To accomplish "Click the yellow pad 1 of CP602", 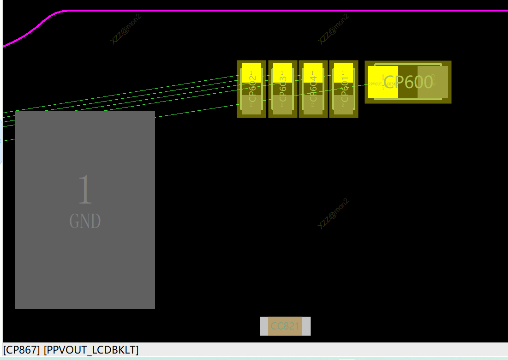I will coord(251,73).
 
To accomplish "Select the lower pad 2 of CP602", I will coord(251,105).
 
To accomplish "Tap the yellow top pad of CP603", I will coord(282,73).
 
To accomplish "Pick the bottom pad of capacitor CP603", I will coord(282,105).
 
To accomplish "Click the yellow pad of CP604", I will coord(313,73).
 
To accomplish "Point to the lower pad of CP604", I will coord(313,105).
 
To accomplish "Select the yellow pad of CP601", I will coord(343,73).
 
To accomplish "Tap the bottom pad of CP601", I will coord(343,105).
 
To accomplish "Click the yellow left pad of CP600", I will coord(382,82).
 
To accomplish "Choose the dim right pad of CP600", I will coord(433,82).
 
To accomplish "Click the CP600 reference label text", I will coord(408,82).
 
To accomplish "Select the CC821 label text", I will coord(285,326).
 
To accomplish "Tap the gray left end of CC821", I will coord(264,326).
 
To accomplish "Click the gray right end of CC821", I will coord(306,326).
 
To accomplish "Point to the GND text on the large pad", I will coord(85,222).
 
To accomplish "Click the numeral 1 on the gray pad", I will coord(85,190).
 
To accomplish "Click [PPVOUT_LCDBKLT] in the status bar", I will coord(91,350).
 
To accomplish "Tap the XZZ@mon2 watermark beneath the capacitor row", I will coord(333,213).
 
